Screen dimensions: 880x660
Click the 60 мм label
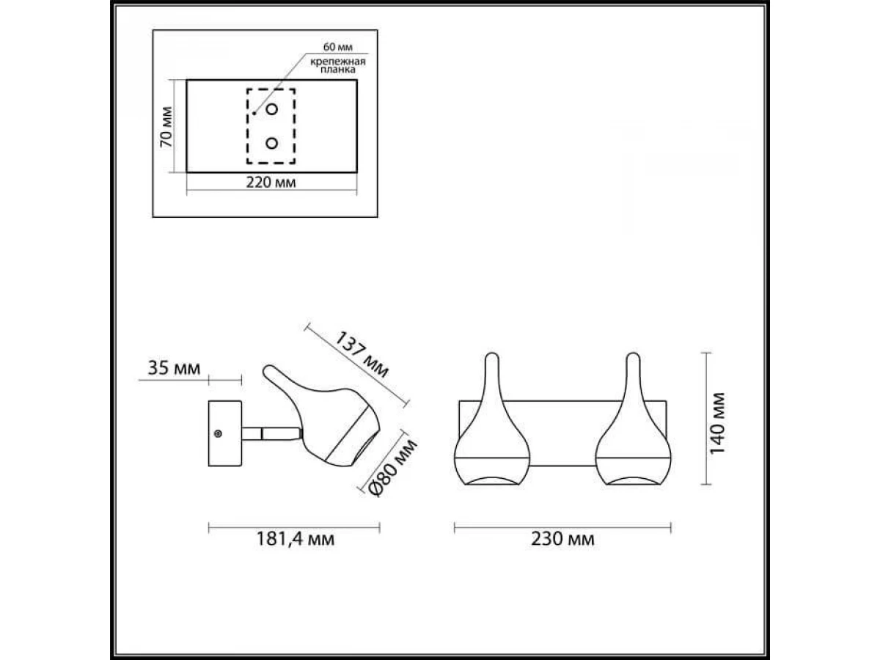pyautogui.click(x=337, y=47)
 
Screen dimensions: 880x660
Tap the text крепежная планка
pyautogui.click(x=337, y=65)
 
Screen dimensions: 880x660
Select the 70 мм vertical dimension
pyautogui.click(x=166, y=127)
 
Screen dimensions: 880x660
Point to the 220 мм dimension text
pyautogui.click(x=271, y=183)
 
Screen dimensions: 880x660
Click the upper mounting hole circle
pyautogui.click(x=272, y=109)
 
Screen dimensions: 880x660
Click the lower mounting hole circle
pyautogui.click(x=272, y=143)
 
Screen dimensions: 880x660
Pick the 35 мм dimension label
pyautogui.click(x=174, y=368)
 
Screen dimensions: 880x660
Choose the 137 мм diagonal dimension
pyautogui.click(x=362, y=355)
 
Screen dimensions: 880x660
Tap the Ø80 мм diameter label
pyautogui.click(x=393, y=468)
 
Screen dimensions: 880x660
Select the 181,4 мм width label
pyautogui.click(x=295, y=539)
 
